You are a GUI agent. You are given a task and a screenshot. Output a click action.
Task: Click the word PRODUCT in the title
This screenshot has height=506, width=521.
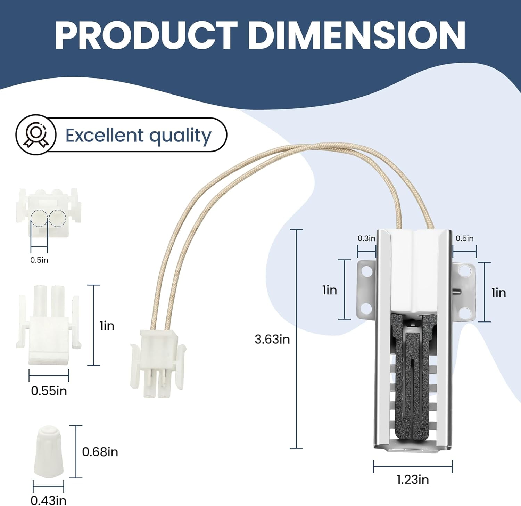click(x=146, y=35)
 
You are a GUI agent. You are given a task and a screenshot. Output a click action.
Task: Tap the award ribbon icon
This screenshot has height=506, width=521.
click(x=35, y=135)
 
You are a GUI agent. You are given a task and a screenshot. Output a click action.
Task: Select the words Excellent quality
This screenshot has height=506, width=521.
click(x=138, y=136)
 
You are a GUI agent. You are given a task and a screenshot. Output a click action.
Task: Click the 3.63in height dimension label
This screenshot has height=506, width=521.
click(x=272, y=339)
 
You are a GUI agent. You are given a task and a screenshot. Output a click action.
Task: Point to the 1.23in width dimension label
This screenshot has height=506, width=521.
click(x=413, y=480)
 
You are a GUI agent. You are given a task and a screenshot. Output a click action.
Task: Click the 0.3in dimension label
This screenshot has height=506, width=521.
click(x=366, y=238)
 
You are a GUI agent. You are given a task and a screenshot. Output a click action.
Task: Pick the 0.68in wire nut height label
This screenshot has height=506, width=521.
click(x=100, y=452)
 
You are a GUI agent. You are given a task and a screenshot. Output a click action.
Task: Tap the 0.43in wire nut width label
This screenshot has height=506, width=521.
click(x=49, y=500)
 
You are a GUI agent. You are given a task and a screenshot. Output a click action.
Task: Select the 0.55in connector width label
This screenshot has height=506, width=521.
click(x=49, y=391)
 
